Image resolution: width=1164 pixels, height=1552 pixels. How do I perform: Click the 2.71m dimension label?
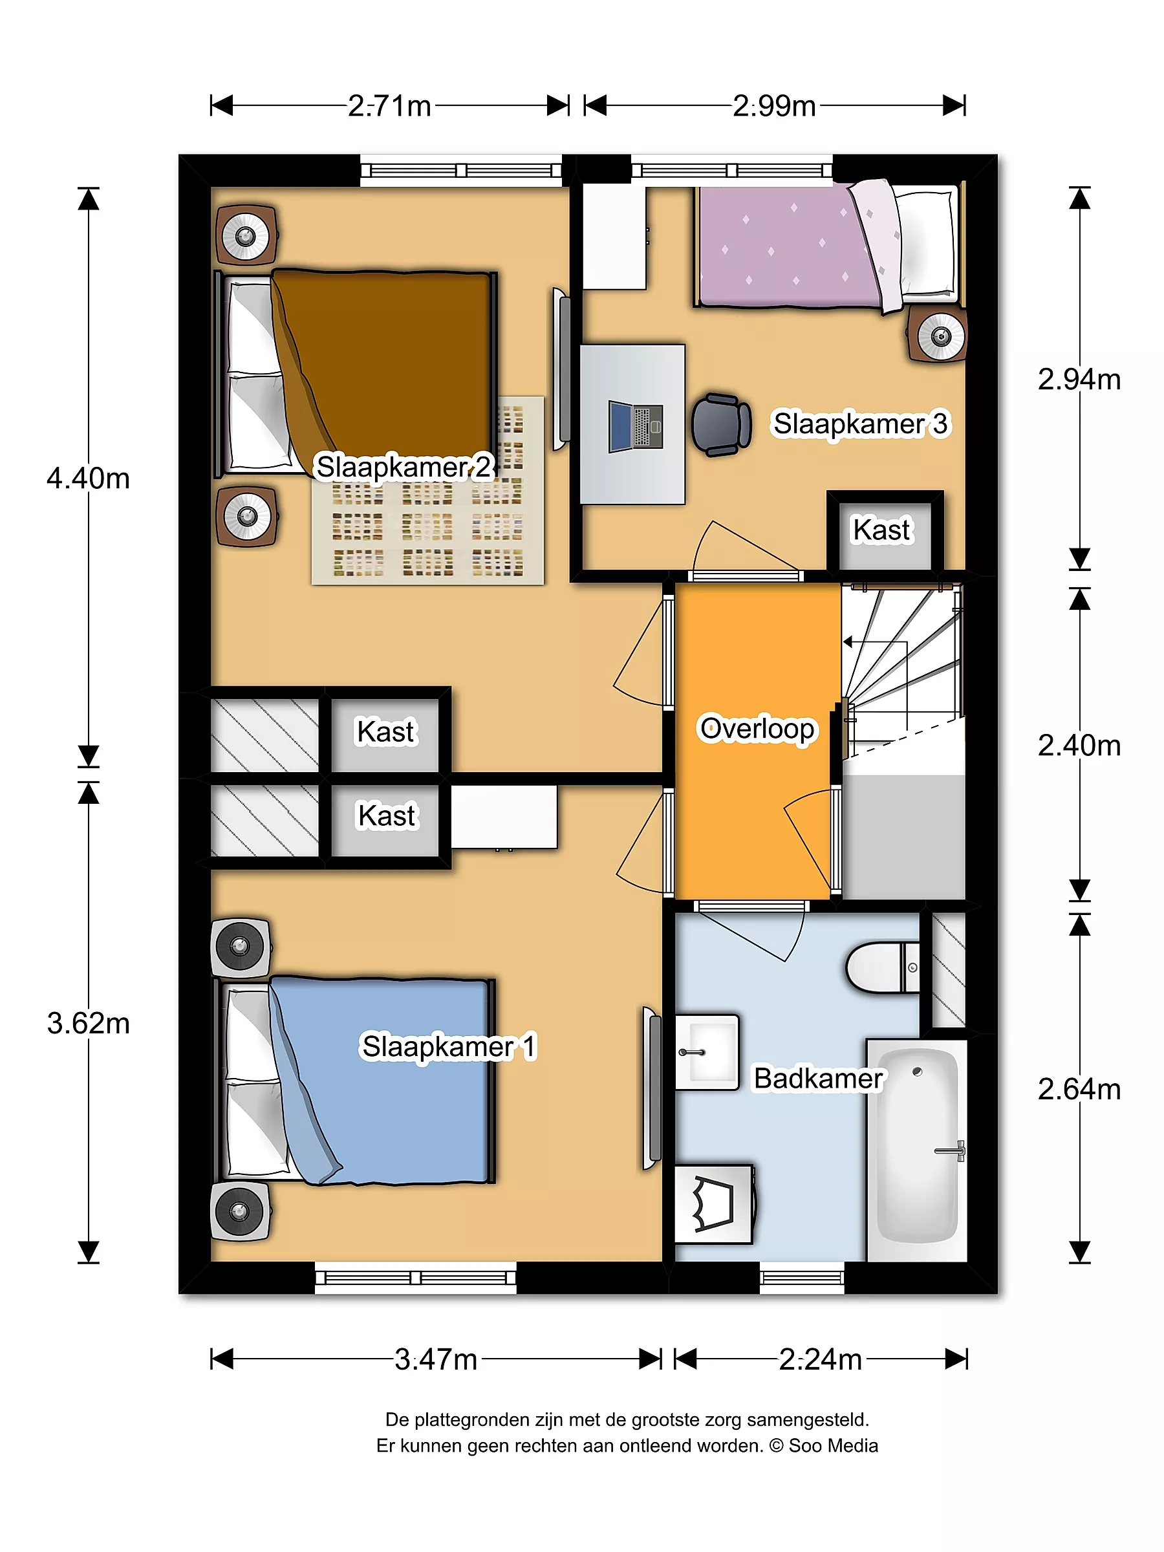click(389, 106)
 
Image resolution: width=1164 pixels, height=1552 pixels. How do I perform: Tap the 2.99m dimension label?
click(774, 106)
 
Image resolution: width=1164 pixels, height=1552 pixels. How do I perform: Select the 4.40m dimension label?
click(89, 479)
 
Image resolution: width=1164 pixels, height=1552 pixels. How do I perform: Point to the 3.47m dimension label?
click(436, 1359)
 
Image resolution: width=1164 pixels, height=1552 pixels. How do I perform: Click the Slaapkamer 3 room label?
click(860, 424)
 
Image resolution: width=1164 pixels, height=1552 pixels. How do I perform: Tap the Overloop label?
click(757, 729)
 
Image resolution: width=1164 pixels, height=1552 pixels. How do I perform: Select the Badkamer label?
click(818, 1079)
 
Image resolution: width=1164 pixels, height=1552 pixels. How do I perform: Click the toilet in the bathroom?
click(883, 967)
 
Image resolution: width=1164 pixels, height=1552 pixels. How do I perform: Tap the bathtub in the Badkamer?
click(917, 1150)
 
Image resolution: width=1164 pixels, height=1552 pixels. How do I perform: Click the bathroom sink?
click(707, 1052)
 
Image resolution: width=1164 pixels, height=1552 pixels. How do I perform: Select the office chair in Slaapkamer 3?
click(721, 424)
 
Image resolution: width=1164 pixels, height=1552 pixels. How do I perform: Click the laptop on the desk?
click(636, 426)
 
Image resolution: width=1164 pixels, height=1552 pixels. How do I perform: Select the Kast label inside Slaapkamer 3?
click(881, 530)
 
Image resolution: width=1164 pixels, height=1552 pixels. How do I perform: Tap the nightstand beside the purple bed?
click(938, 335)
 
